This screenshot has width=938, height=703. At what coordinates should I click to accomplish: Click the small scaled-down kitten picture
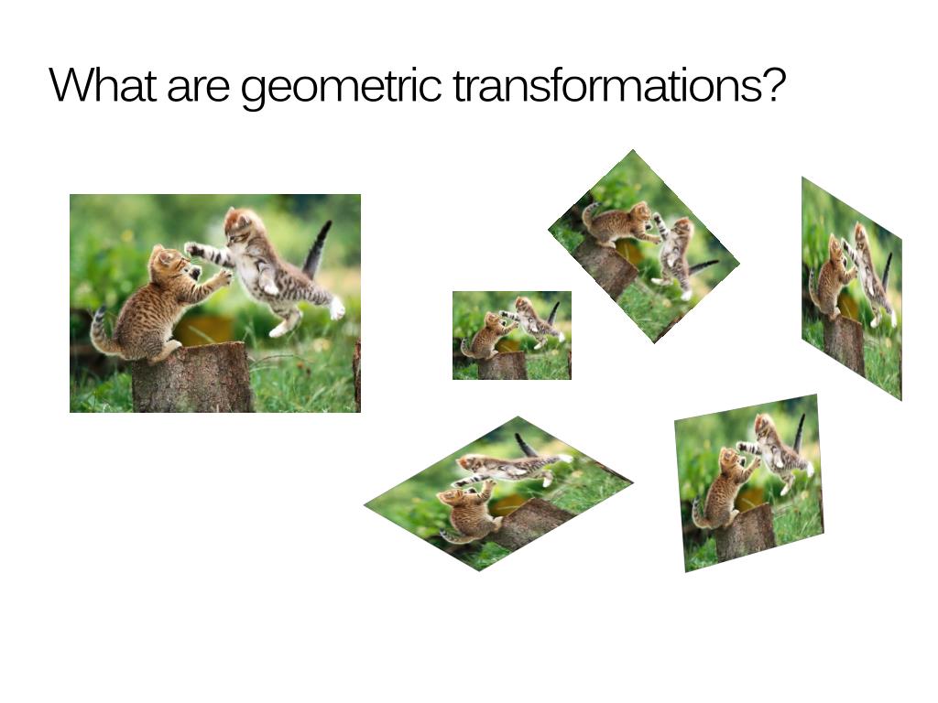pos(511,335)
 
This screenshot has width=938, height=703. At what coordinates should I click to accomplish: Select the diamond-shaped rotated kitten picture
pos(644,247)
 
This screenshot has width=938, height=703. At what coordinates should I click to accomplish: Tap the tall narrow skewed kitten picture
pos(851,288)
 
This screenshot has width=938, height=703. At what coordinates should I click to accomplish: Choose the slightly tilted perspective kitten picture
pos(749,482)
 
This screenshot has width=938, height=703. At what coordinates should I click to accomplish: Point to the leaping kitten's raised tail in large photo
pos(317,249)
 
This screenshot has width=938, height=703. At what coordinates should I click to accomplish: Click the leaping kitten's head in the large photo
pos(240,224)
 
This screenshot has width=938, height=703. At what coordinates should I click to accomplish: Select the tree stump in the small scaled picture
pos(502,365)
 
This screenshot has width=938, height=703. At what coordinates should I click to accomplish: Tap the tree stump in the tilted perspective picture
pos(744,533)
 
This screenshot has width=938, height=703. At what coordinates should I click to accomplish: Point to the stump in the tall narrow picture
pos(844,343)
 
